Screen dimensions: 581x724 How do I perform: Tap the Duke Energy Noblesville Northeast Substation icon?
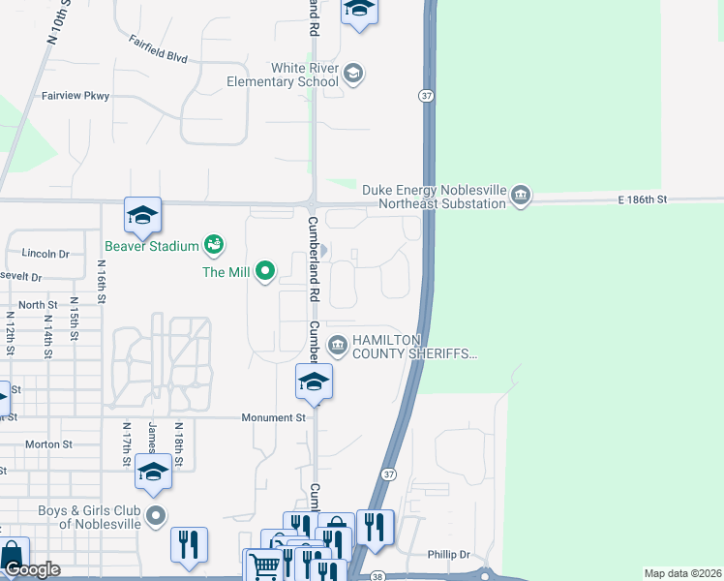(521, 196)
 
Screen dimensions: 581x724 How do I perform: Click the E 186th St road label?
(644, 199)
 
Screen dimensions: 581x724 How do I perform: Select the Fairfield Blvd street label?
(158, 49)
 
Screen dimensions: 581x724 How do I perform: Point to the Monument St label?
(273, 417)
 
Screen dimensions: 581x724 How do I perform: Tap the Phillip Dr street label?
(448, 555)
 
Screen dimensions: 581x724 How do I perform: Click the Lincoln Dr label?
(45, 254)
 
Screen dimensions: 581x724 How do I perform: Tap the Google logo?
(32, 569)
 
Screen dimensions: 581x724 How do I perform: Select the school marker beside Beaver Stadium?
(142, 217)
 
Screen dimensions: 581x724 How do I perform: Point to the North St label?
(38, 305)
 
